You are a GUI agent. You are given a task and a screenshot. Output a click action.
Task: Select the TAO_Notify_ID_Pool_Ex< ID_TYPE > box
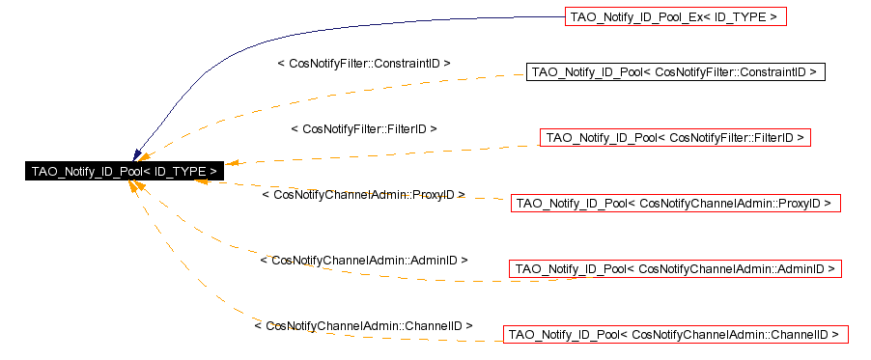[675, 16]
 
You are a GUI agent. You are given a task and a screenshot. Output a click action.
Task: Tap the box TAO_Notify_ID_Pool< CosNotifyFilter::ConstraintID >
[675, 72]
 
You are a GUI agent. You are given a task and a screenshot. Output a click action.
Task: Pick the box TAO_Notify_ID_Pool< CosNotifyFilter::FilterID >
[675, 138]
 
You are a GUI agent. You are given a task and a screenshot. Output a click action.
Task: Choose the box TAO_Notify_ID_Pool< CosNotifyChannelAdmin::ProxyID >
[675, 204]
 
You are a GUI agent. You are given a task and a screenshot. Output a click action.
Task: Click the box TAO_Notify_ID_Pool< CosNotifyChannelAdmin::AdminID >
[675, 269]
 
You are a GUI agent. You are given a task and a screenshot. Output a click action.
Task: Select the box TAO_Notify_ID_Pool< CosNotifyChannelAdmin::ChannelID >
[675, 335]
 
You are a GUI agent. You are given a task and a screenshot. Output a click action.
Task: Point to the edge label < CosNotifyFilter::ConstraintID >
[364, 63]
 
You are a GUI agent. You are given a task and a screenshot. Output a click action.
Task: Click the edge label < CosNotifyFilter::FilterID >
[364, 128]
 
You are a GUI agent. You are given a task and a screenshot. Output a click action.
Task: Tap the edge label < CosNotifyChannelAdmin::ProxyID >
[363, 194]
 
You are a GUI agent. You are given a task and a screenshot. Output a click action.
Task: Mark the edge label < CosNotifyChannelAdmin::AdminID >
[364, 261]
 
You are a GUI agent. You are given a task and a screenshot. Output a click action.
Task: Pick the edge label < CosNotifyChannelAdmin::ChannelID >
[363, 326]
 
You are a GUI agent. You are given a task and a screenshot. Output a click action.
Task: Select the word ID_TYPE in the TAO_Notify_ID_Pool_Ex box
[744, 16]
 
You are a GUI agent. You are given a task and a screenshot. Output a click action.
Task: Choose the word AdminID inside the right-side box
[801, 269]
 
